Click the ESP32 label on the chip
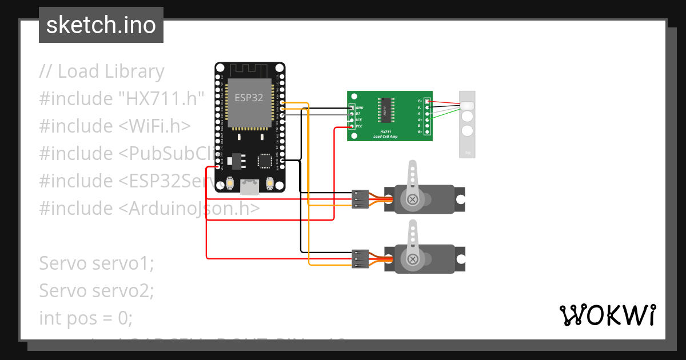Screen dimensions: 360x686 [x=249, y=97]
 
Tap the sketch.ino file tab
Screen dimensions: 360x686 [x=101, y=25]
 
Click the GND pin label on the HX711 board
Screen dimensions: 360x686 [x=360, y=107]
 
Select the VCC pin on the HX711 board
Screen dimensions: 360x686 [x=352, y=126]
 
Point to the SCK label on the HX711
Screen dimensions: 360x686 [x=358, y=119]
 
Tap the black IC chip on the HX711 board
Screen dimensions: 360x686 [x=385, y=110]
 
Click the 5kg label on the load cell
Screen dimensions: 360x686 [x=467, y=153]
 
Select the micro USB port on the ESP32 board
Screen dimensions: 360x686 [x=249, y=185]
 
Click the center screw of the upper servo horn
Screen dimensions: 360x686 [x=412, y=199]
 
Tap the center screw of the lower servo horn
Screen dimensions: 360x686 [x=412, y=260]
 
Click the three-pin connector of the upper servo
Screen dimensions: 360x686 [x=360, y=199]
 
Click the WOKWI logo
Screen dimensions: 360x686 [x=607, y=315]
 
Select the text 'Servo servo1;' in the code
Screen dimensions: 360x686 [x=97, y=263]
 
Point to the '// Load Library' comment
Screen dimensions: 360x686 [x=102, y=71]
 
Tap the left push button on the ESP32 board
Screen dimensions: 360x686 [x=229, y=184]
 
